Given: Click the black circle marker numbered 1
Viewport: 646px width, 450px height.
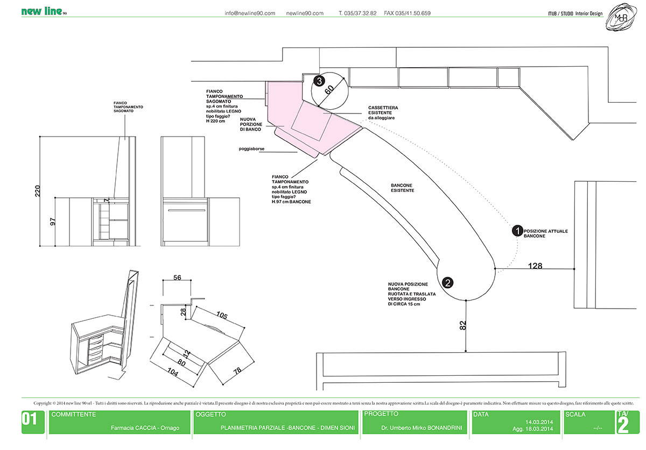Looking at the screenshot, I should [517, 231].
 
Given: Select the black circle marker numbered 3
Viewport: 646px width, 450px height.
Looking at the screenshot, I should [319, 81].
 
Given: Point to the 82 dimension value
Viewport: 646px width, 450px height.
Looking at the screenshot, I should [463, 325].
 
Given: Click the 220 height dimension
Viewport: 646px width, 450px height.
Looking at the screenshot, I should [38, 191].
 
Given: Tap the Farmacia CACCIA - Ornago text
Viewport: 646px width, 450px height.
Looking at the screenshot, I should [145, 428].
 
